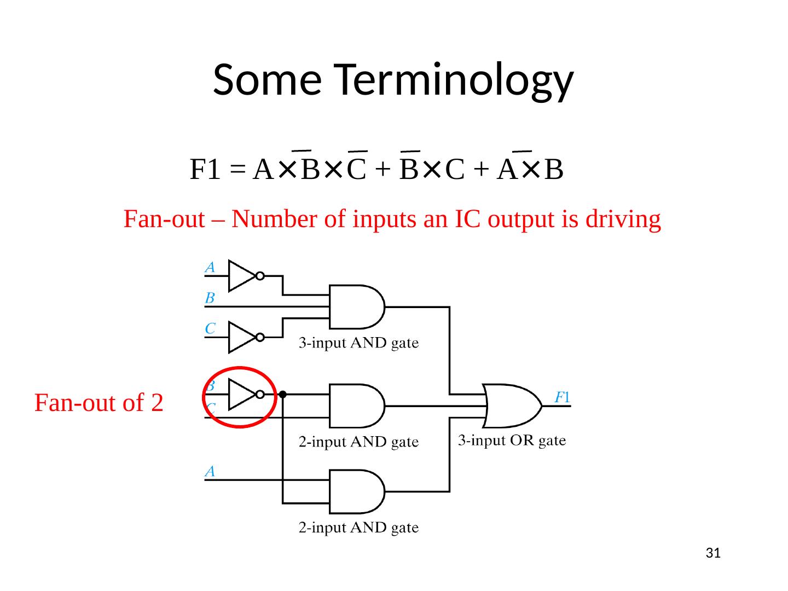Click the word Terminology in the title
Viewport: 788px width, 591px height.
454,79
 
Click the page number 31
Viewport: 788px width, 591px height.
712,553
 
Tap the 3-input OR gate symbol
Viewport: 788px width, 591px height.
512,405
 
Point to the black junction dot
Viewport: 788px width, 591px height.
283,394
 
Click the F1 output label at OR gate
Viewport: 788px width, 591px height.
563,397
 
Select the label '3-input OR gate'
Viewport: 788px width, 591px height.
512,441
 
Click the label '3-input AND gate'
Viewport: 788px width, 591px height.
358,344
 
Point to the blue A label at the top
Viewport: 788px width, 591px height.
210,268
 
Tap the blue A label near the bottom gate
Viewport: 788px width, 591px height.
210,471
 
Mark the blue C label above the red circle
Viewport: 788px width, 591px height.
210,329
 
